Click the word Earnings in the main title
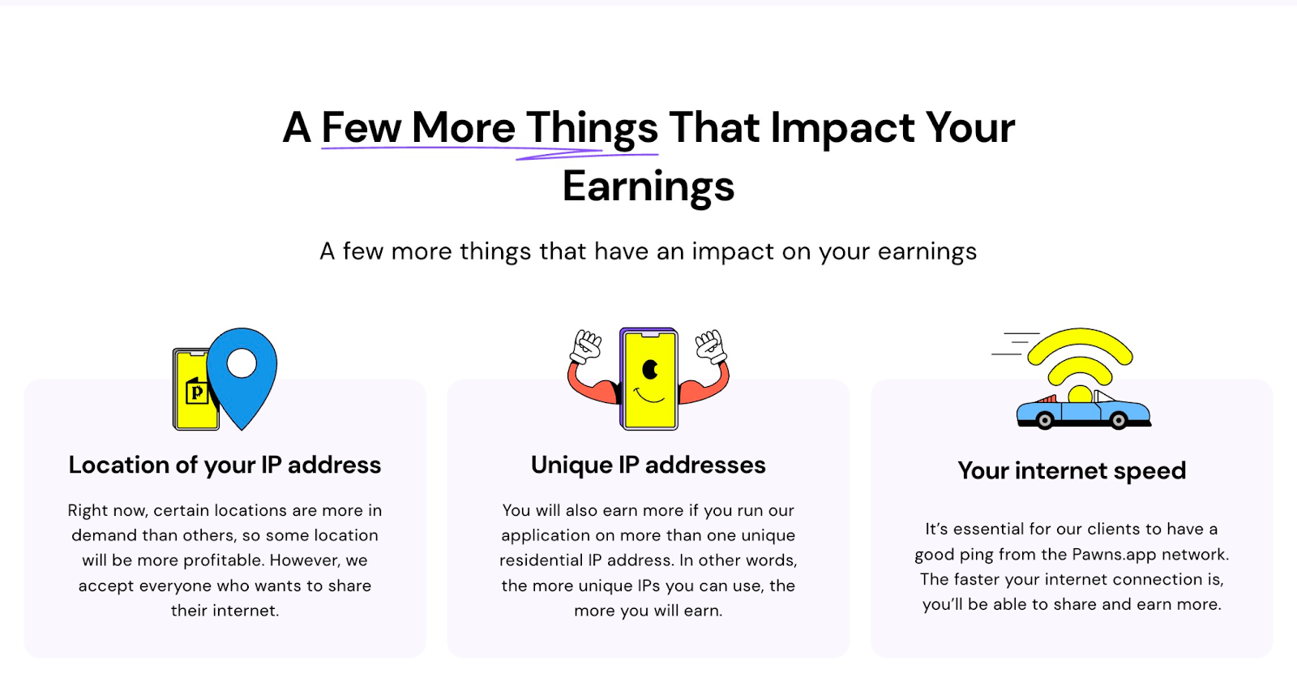click(648, 187)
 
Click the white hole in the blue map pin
click(242, 363)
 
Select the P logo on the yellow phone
click(196, 392)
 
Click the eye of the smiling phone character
click(650, 370)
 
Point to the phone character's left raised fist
click(586, 346)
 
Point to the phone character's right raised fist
click(711, 346)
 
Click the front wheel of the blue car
click(1119, 420)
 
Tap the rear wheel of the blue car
click(1045, 420)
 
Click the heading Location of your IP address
click(225, 465)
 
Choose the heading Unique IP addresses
click(648, 465)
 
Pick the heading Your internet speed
click(1072, 470)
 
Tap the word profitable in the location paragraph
click(225, 561)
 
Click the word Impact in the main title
click(842, 128)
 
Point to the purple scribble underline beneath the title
click(490, 152)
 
